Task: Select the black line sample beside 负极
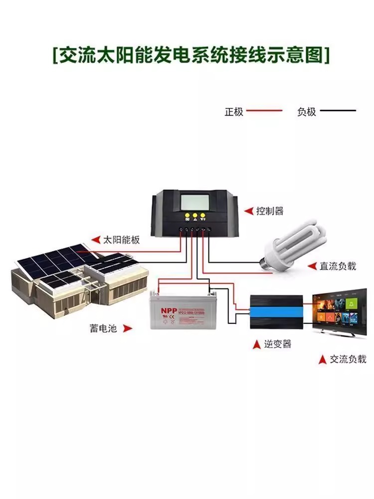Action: [x=338, y=110]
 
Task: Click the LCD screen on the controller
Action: [x=196, y=202]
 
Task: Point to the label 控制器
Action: [x=270, y=211]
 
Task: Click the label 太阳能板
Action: [x=121, y=240]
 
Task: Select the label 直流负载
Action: [x=338, y=266]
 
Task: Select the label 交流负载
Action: [x=348, y=359]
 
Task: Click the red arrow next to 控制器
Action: [x=248, y=211]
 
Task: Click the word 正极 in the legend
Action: [x=233, y=111]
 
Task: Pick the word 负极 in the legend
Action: [x=307, y=111]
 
